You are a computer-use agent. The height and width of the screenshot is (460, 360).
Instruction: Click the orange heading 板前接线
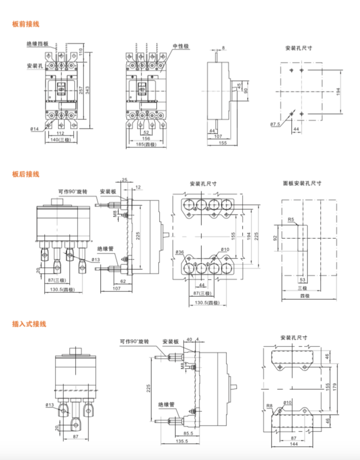tap(25, 24)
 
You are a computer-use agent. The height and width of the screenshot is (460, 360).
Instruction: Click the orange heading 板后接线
tap(25, 174)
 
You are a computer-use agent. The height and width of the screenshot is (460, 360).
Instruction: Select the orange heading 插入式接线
tap(28, 324)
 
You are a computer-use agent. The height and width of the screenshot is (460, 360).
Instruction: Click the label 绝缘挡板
tap(37, 44)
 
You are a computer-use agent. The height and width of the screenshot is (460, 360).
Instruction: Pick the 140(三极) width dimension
tap(61, 140)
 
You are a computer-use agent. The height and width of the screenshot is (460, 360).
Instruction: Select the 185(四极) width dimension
tap(147, 144)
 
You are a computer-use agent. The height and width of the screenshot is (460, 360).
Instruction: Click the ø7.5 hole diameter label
tap(275, 124)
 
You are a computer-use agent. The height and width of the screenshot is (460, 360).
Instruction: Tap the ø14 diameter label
tap(34, 129)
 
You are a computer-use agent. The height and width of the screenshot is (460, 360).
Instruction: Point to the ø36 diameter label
tap(179, 253)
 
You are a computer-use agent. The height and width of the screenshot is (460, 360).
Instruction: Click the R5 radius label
tap(291, 220)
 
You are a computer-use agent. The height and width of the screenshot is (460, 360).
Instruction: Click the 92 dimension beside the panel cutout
tap(276, 238)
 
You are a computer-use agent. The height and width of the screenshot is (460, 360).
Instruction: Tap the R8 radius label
tap(270, 406)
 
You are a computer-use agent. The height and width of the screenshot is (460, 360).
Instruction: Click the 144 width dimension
tap(293, 444)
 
